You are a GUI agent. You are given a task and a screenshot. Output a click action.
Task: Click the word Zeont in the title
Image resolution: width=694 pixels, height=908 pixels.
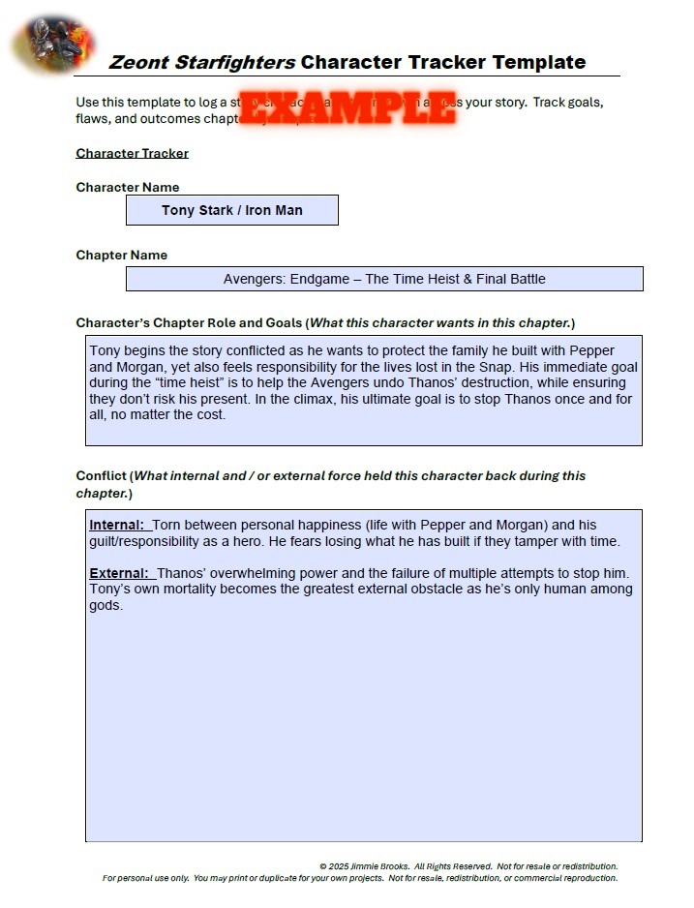pos(138,63)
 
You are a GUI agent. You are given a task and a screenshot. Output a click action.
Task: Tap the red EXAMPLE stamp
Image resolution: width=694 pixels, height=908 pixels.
pos(347,107)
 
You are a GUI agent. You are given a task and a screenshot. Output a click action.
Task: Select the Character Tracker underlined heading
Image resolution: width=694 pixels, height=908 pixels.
pos(132,153)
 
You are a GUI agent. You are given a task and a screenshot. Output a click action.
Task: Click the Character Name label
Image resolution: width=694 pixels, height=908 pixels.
pos(127,187)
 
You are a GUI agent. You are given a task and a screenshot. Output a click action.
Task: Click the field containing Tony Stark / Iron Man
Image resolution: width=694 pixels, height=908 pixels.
pos(232,210)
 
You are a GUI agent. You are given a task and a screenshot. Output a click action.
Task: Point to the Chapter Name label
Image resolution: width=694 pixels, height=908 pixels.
pos(121,255)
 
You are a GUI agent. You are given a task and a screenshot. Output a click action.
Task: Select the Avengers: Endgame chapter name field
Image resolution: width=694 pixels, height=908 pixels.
pos(384,279)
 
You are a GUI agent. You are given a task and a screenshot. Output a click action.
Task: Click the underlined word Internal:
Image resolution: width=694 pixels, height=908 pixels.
pos(117,526)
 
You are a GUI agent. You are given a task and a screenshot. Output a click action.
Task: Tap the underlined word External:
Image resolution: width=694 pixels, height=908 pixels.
pos(118,574)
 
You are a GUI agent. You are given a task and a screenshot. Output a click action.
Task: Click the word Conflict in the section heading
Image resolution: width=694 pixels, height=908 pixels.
pos(101,475)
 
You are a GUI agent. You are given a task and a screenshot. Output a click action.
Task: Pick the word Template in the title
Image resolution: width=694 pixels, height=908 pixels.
pos(538,63)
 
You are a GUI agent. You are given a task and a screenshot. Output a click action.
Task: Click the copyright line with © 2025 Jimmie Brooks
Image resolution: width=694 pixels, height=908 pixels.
pos(468,866)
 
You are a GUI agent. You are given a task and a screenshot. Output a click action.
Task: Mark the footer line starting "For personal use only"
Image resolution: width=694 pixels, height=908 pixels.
pos(359,879)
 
